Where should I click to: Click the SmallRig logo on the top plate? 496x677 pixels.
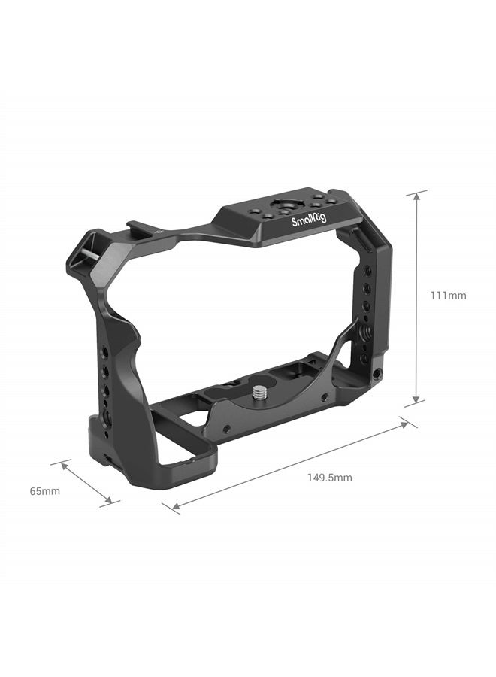(310, 221)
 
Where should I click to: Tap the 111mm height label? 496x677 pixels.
(448, 296)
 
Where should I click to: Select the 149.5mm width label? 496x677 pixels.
(329, 477)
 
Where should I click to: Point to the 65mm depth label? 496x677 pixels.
(45, 491)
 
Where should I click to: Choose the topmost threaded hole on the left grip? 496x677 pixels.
(105, 351)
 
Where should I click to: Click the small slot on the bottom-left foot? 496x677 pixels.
(105, 458)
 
